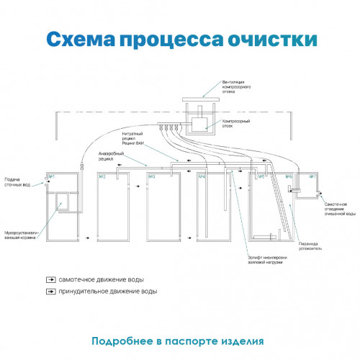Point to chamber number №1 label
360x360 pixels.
[x=51, y=177]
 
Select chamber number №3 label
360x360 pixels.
[x=153, y=177]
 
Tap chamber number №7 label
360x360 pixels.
[x=312, y=177]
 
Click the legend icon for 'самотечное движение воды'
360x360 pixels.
[x=51, y=279]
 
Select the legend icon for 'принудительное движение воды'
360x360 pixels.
[x=51, y=292]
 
